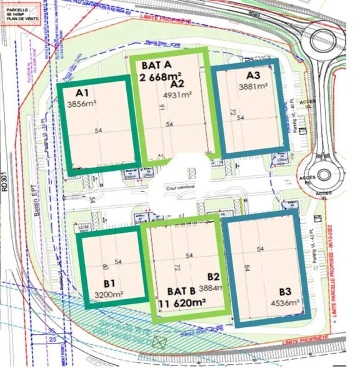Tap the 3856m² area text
point(81,105)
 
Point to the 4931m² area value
point(176,96)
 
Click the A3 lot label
point(253,77)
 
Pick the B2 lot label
point(213,276)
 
